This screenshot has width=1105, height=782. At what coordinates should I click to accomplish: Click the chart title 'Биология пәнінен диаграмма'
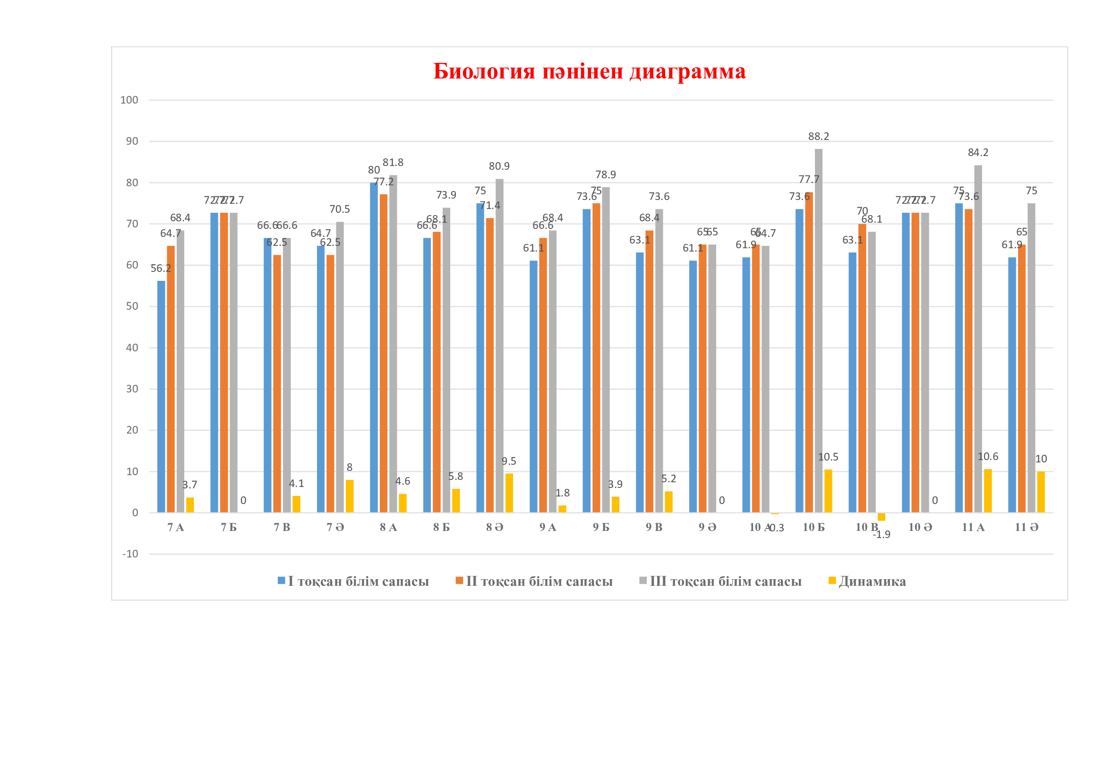coord(589,71)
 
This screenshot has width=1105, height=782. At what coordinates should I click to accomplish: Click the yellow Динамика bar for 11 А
coord(987,491)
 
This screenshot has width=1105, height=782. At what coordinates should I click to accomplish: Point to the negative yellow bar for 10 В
coord(881,517)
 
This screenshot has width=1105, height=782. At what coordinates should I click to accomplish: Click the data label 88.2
coord(818,137)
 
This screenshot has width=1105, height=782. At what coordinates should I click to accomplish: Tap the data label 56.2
coord(161,269)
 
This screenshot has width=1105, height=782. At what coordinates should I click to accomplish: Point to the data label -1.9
coord(881,535)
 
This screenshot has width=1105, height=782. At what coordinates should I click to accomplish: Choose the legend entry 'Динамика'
coord(872,582)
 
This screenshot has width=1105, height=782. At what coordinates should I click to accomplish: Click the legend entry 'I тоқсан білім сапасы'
coord(358,582)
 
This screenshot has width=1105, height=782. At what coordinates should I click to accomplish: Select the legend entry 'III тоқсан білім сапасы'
coord(725,582)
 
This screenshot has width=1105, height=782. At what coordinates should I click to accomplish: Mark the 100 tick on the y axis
coord(129,100)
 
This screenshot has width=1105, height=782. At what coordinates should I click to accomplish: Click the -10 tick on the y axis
coord(130,554)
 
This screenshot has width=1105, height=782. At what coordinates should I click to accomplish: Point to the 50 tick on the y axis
coord(131,306)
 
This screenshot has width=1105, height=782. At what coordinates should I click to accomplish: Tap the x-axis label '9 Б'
coord(600,528)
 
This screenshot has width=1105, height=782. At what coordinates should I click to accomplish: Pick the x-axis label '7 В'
coord(282,528)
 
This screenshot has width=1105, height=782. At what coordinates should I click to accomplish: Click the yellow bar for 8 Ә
coord(509,493)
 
